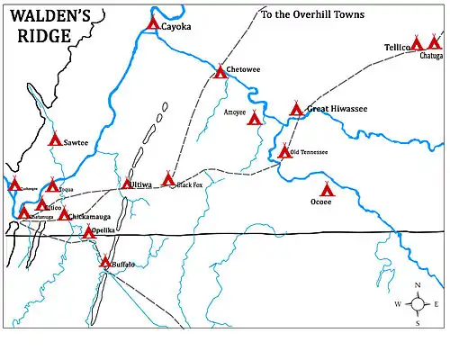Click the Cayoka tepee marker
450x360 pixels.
153,23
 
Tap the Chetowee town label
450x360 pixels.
244,69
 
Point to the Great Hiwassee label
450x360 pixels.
337,110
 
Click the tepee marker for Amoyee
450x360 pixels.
255,118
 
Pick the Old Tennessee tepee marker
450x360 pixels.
283,151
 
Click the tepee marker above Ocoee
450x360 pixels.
328,189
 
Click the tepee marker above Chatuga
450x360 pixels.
435,42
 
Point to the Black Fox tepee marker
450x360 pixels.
168,179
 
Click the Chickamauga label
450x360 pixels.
90,216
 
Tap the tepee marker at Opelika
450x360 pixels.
88,231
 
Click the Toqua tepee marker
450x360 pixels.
52,185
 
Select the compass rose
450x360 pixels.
417,304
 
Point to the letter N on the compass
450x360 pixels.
418,286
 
